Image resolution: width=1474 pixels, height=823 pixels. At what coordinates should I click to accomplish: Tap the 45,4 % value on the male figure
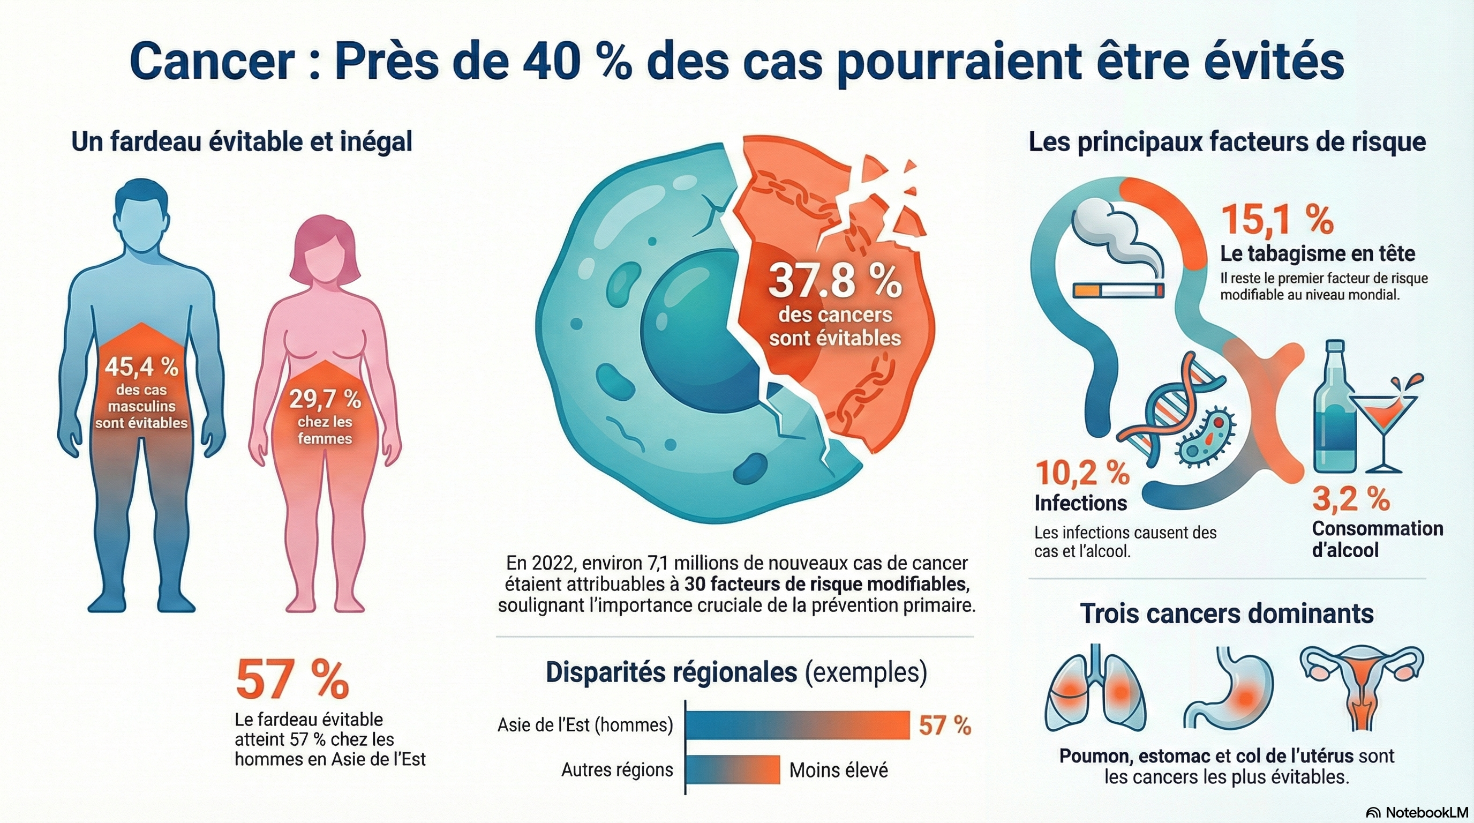pyautogui.click(x=141, y=366)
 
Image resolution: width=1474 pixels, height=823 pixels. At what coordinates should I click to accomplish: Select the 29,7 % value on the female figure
pyautogui.click(x=325, y=399)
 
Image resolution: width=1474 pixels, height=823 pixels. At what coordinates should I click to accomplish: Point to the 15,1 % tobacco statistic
pyautogui.click(x=1277, y=220)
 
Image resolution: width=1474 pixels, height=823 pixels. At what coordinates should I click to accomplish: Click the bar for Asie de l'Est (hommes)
pyautogui.click(x=797, y=725)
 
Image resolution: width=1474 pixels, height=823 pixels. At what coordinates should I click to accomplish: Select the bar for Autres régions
pyautogui.click(x=732, y=770)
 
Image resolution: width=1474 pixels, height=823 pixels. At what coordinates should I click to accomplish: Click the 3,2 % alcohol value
pyautogui.click(x=1350, y=499)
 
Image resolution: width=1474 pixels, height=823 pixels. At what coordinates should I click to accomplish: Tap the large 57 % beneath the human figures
pyautogui.click(x=292, y=679)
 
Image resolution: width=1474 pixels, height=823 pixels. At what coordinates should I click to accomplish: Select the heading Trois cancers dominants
pyautogui.click(x=1227, y=613)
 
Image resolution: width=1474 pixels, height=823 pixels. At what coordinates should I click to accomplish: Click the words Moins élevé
pyautogui.click(x=838, y=770)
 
